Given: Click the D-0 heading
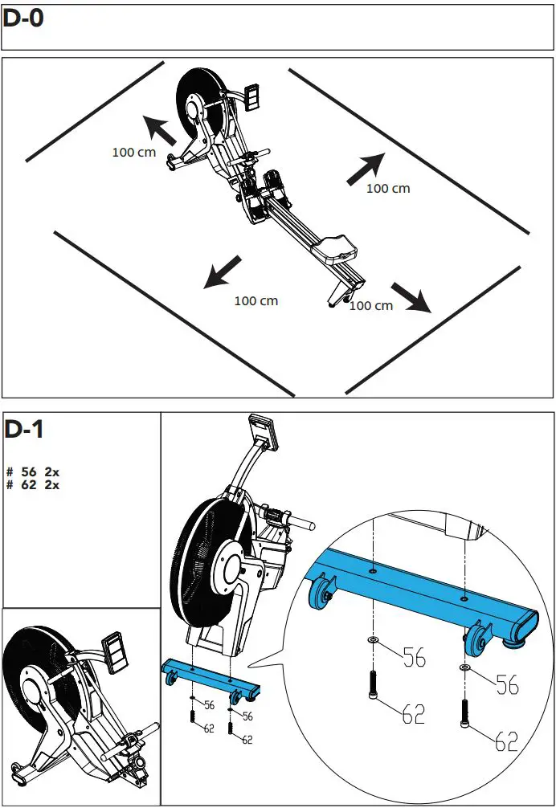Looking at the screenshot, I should point(23,19).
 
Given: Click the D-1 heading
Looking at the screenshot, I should point(23,430).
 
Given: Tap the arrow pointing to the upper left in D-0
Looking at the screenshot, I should point(159,130).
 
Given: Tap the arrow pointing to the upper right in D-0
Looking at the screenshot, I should point(366,169).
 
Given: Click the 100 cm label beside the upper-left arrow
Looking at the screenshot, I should point(134,152).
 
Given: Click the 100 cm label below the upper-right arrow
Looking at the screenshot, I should point(388,189).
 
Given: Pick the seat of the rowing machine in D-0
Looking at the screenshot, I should point(337,246).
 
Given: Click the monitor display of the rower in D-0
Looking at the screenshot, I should point(253,96).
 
